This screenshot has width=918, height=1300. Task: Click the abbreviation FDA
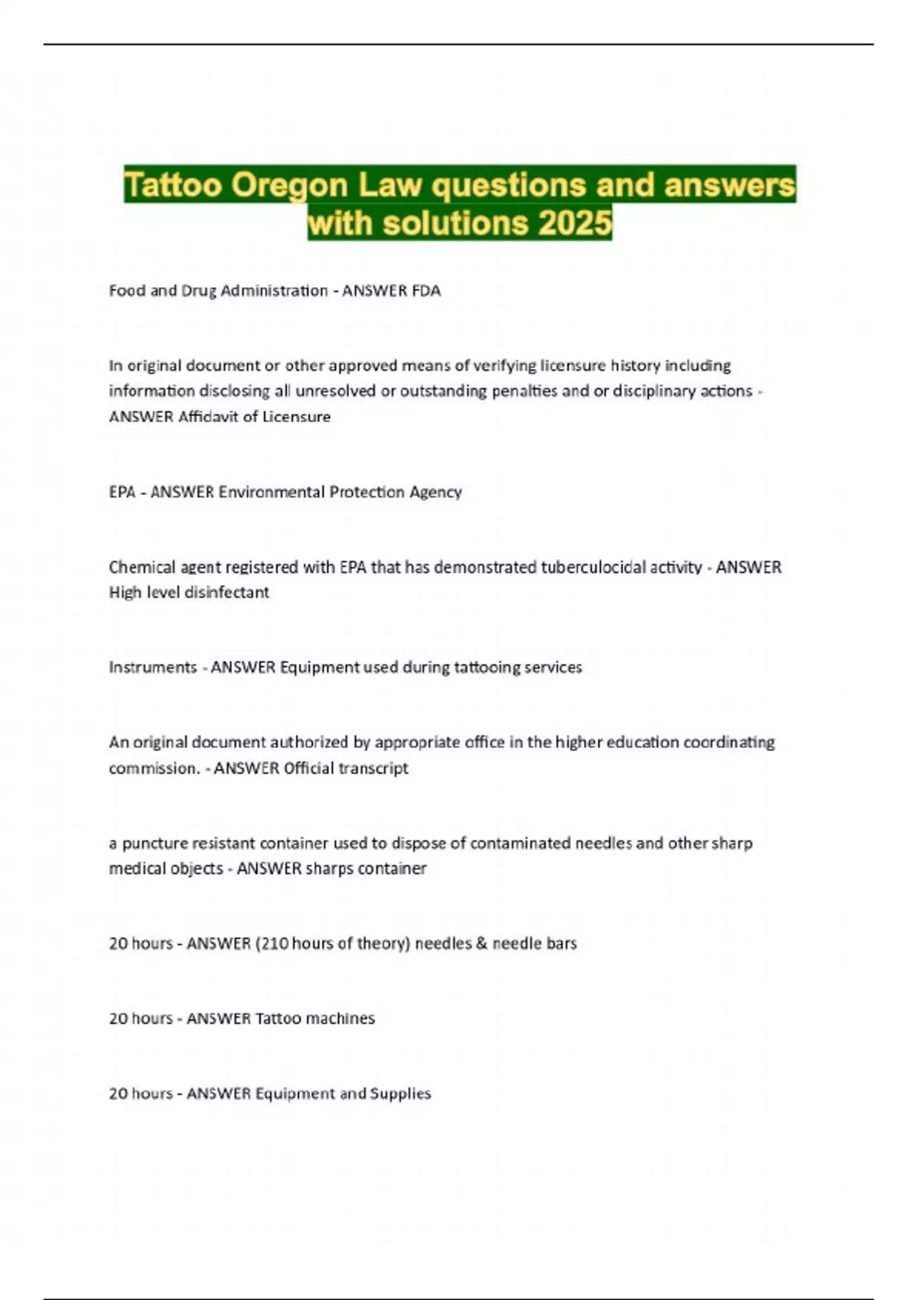426,291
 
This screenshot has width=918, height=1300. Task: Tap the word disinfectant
230,593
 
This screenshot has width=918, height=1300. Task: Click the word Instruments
153,668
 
